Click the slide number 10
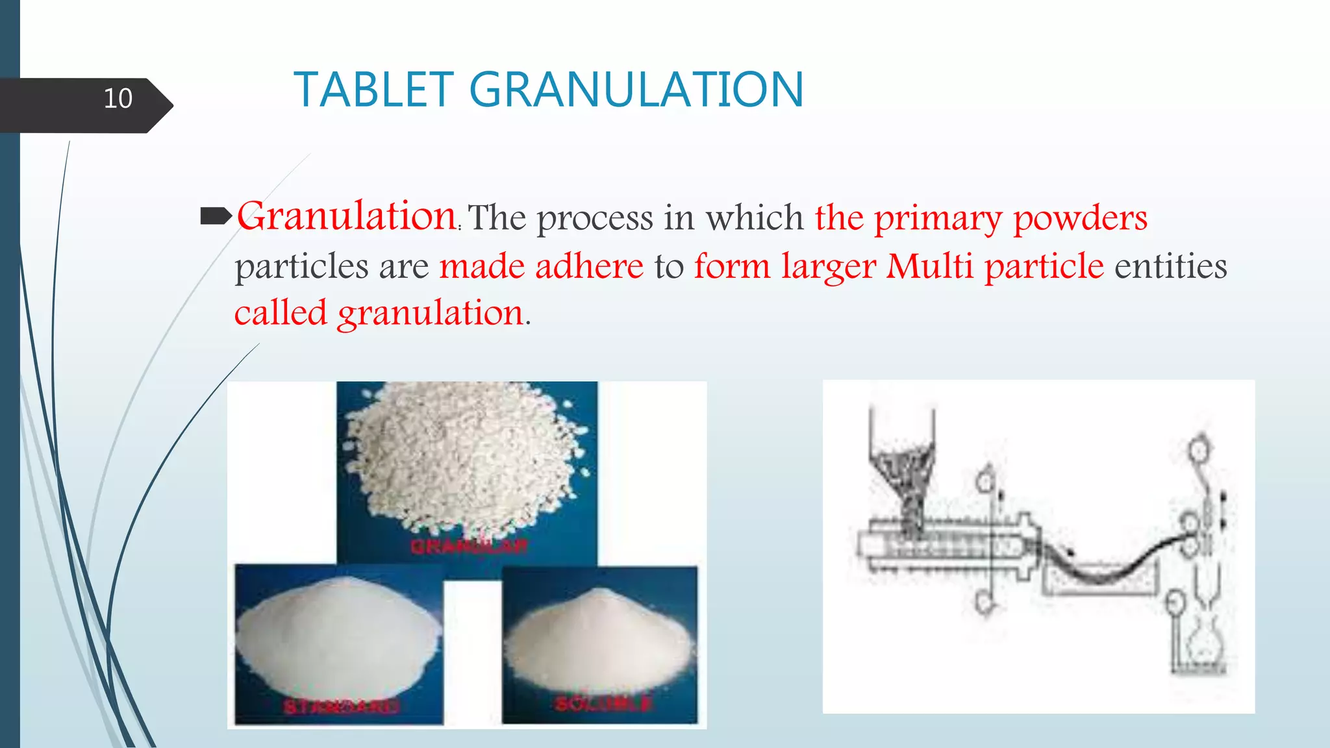tap(118, 99)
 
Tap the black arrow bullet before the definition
tap(216, 216)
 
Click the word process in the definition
tap(594, 218)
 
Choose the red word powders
tap(1080, 218)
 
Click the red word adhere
tap(589, 266)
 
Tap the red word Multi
tap(929, 266)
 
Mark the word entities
tap(1170, 266)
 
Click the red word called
tap(281, 313)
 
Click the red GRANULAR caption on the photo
tap(468, 546)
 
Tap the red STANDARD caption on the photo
tap(340, 706)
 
